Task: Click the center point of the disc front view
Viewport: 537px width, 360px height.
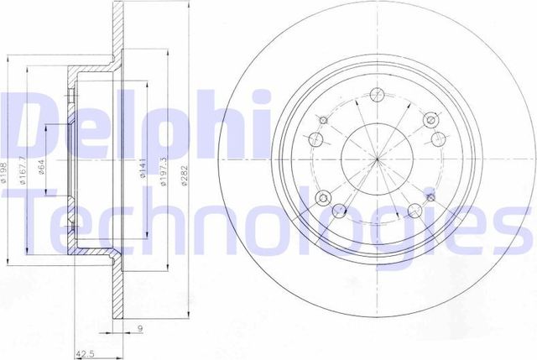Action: (x=376, y=159)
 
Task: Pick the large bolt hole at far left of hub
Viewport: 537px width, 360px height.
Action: (x=316, y=139)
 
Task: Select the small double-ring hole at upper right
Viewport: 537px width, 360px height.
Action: (x=430, y=120)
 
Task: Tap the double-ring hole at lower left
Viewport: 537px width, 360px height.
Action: (x=323, y=198)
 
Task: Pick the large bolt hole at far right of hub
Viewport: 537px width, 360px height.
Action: (x=436, y=139)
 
